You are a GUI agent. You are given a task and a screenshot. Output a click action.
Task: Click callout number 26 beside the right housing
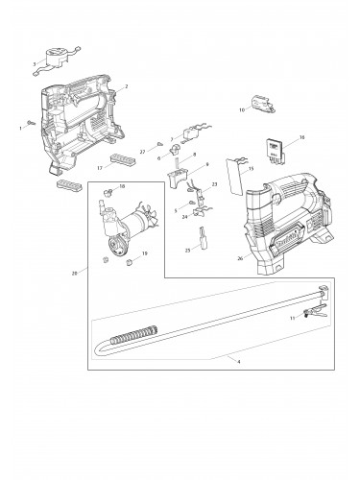tap(240, 256)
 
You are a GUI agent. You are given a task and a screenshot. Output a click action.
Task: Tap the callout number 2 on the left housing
tap(126, 86)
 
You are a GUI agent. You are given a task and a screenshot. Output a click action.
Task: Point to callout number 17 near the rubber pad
tap(98, 168)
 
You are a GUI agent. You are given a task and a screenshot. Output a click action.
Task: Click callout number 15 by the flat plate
tap(252, 169)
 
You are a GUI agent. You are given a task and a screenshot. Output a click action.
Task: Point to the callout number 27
tap(142, 151)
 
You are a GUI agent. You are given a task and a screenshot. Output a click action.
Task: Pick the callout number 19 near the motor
tap(144, 253)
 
